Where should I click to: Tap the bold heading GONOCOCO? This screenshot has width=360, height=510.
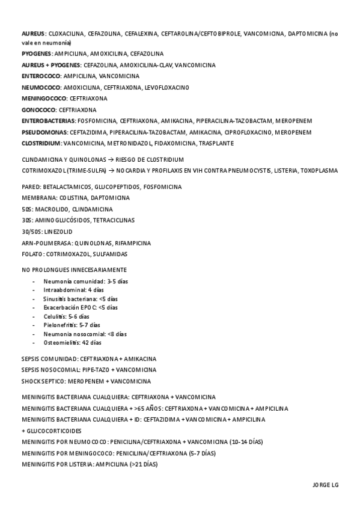pos(38,109)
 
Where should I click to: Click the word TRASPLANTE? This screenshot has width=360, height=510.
pos(218,143)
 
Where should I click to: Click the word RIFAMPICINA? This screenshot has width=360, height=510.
pos(133,243)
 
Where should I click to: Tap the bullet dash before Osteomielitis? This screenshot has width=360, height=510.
pos(34,342)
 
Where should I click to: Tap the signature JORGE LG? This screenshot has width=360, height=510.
pos(325,485)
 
